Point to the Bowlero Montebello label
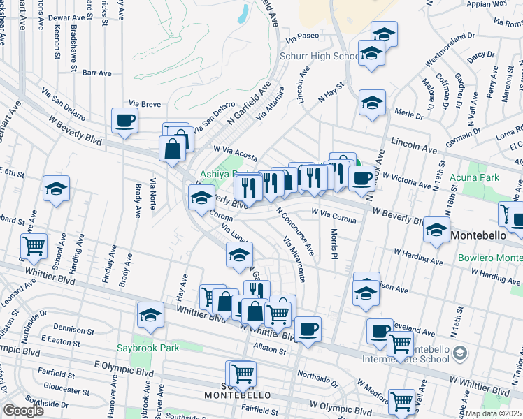coord(490,258)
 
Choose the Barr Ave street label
coord(96,72)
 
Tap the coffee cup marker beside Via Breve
coord(124,119)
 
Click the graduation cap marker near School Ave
coord(56,189)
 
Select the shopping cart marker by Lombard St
coord(34,246)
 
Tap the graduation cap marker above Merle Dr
coord(373,103)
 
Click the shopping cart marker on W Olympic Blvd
coord(402,402)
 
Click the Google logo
coord(24,411)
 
